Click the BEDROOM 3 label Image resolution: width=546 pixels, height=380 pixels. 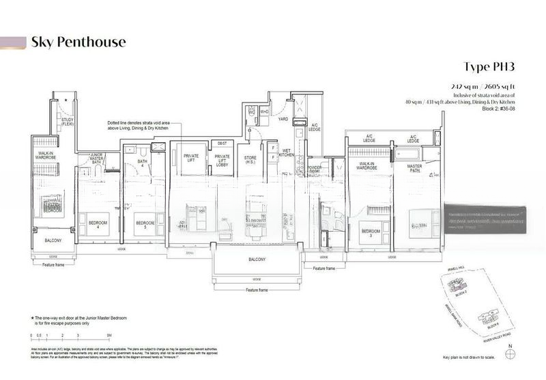(371, 232)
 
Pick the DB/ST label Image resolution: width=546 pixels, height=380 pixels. (222, 144)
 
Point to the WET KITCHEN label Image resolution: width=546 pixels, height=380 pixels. (287, 152)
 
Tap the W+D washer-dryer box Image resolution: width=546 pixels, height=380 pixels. (264, 111)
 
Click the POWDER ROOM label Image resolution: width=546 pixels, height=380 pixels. (315, 169)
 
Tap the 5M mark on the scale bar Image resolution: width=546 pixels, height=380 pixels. (109, 336)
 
